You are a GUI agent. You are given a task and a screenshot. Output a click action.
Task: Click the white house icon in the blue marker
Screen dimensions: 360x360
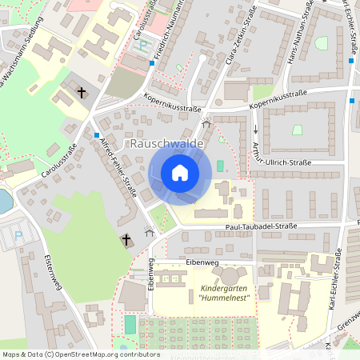[x=179, y=173]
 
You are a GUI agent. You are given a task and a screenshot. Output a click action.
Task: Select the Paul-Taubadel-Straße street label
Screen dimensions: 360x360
[x=260, y=226]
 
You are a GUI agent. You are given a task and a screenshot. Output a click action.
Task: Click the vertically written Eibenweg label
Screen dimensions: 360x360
[x=150, y=275]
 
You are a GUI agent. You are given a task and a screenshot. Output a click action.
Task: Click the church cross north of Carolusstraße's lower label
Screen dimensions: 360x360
[x=82, y=93]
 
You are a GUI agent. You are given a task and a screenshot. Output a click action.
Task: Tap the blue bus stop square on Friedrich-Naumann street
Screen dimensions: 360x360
[x=152, y=62]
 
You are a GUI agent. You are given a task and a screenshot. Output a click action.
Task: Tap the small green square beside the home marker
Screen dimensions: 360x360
[x=220, y=166]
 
